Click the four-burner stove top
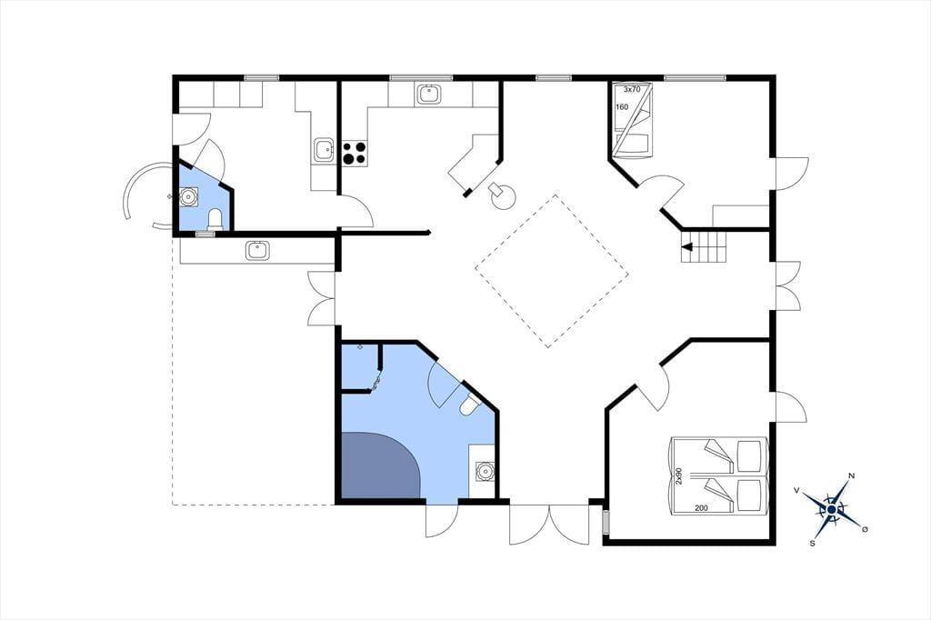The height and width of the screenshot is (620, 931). coord(355,153)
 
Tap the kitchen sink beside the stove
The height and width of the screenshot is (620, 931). coord(324,150)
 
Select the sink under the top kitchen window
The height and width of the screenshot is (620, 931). coord(429,95)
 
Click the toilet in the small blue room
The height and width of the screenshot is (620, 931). coord(215,219)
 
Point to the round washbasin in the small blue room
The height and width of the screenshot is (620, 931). coord(190,196)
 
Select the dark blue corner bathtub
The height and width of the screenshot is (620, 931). coord(380,465)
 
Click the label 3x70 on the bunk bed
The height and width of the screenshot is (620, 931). coord(632,90)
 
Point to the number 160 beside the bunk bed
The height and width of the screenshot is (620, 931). coord(622,107)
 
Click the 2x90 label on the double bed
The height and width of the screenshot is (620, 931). coord(679,475)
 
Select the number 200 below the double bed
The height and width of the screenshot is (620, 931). coord(701,508)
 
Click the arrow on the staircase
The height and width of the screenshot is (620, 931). coord(687,247)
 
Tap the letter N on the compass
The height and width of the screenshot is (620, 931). coord(852,475)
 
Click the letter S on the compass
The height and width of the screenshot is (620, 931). coord(812,543)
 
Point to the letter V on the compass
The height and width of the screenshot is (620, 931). coord(796,490)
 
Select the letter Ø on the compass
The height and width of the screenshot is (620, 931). coord(866,528)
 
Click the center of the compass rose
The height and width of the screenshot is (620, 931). coord(833,509)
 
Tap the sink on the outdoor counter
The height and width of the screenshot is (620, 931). coord(257,250)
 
